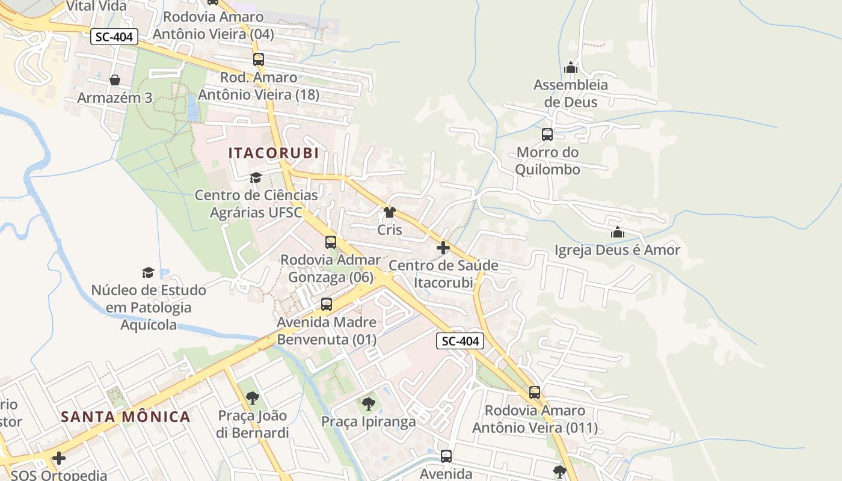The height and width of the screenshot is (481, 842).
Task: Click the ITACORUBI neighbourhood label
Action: [x=274, y=153]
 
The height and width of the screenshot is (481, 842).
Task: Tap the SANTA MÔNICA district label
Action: [x=126, y=417]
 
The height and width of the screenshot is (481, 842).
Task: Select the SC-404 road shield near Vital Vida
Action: [x=115, y=37]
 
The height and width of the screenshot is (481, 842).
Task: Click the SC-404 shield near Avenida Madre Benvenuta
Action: [x=460, y=342]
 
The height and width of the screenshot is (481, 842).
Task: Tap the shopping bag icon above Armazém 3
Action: [x=115, y=80]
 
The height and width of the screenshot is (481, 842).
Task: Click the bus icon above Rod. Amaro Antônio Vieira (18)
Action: [x=259, y=60]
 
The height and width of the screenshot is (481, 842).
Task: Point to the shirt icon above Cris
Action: [x=390, y=212]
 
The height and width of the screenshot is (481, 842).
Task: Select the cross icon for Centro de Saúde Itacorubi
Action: [x=443, y=248]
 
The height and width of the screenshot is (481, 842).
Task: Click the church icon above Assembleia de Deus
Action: [x=571, y=67]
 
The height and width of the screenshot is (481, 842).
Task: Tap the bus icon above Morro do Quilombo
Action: [x=547, y=135]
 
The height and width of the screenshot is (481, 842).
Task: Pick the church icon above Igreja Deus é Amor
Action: [x=617, y=233]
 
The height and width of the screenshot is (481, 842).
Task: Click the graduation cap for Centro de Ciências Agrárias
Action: [x=256, y=177]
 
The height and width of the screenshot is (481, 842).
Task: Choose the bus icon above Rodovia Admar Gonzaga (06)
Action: [x=331, y=242]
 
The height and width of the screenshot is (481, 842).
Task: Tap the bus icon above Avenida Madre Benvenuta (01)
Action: [x=327, y=304]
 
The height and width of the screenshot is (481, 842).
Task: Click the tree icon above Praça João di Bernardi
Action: [x=253, y=397]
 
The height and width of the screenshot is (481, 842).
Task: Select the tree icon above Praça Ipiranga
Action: [x=368, y=404]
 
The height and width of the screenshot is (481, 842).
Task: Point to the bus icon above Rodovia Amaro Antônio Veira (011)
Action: [x=535, y=393]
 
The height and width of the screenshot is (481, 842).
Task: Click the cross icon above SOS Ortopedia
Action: [x=58, y=458]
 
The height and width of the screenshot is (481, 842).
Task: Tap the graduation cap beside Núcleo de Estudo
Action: [x=148, y=273]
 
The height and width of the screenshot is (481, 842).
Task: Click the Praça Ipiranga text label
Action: [x=368, y=421]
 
